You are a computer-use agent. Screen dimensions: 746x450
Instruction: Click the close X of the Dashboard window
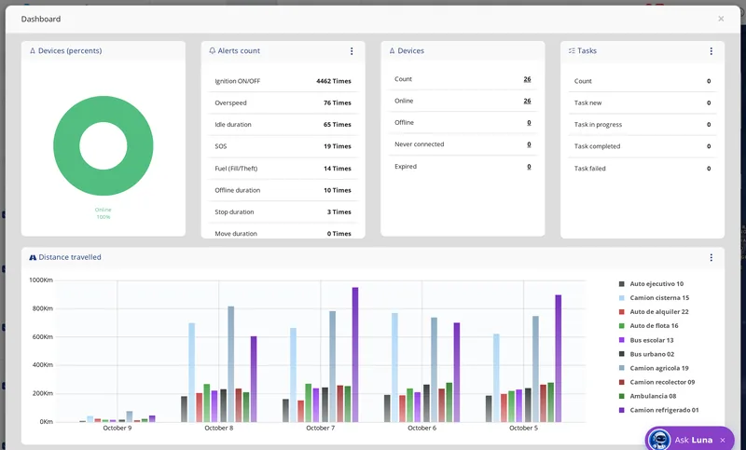click(x=721, y=19)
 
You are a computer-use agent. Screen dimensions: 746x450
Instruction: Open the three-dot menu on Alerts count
click(x=352, y=51)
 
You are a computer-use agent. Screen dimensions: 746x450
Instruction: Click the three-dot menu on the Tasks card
click(x=711, y=51)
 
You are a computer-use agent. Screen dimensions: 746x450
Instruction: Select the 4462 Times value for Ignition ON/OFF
click(x=334, y=81)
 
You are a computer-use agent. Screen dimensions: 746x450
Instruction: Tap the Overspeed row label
click(x=230, y=102)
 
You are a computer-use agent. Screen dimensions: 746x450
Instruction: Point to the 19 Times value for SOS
click(x=338, y=146)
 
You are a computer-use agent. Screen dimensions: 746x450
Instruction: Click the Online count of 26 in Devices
click(x=527, y=101)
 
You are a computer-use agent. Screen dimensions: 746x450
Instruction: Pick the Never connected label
click(x=419, y=144)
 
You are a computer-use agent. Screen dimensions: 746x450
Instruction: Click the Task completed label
click(x=597, y=146)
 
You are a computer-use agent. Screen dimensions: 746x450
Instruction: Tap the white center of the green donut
click(x=104, y=146)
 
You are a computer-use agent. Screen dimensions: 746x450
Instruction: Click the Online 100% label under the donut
click(x=104, y=213)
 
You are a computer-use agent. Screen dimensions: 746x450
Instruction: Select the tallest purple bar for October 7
click(x=355, y=354)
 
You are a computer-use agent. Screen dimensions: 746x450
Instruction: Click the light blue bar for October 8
click(x=192, y=373)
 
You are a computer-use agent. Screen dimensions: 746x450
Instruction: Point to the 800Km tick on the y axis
click(x=42, y=308)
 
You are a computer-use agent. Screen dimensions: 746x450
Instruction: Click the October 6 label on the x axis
click(x=422, y=428)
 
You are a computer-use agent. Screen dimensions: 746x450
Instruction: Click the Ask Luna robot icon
click(x=659, y=440)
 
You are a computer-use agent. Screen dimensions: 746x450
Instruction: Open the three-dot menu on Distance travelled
click(x=711, y=257)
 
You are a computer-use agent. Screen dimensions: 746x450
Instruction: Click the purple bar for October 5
click(x=558, y=359)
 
